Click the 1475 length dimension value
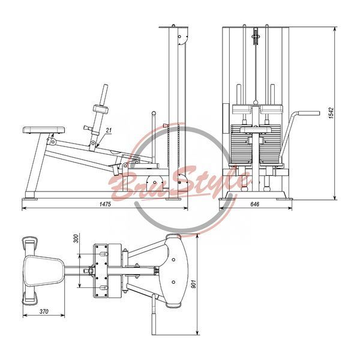(x=105, y=204)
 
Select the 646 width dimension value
(x=254, y=204)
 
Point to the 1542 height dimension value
(x=331, y=113)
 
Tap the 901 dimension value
(x=194, y=284)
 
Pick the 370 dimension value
(x=44, y=311)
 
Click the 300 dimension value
(x=76, y=238)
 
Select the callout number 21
(x=109, y=130)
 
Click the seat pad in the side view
(x=44, y=130)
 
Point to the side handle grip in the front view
(x=308, y=113)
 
